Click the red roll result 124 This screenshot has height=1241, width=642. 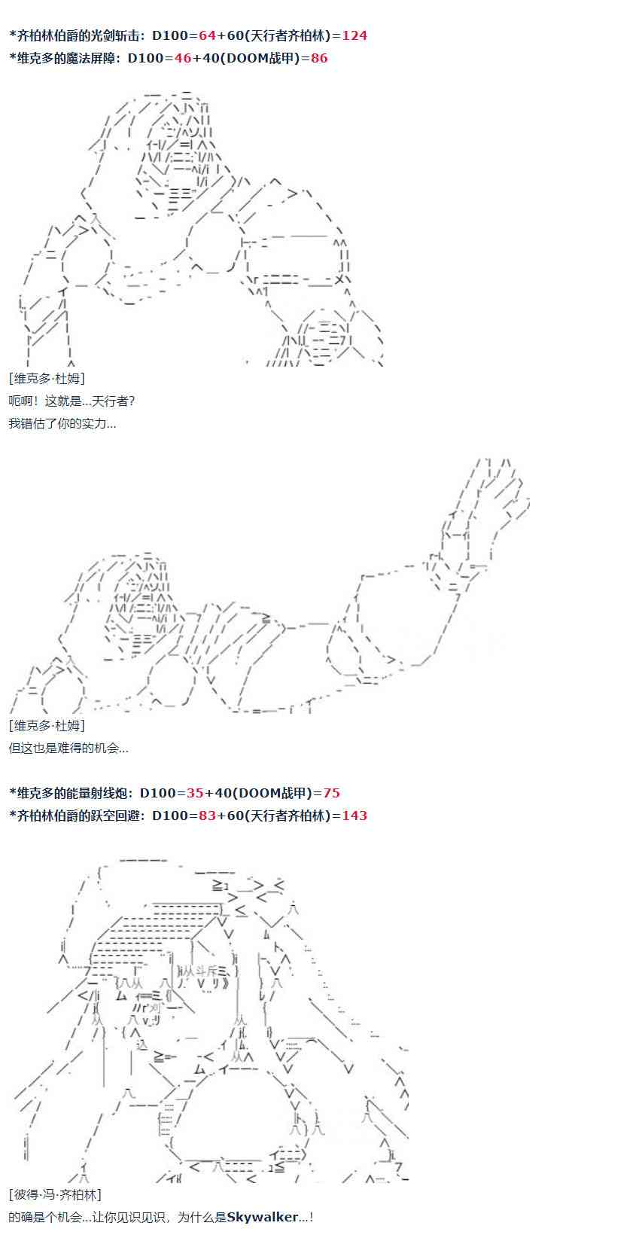(x=354, y=35)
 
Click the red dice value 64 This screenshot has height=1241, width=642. (x=207, y=35)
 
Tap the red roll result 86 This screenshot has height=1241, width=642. (x=319, y=58)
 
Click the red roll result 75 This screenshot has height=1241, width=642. (x=331, y=793)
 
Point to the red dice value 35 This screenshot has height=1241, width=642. (x=194, y=793)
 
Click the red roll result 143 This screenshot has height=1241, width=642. (x=354, y=816)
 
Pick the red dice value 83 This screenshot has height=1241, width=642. (x=207, y=816)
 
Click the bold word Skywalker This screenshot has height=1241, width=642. (x=263, y=1217)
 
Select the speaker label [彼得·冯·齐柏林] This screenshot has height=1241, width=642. (x=55, y=1194)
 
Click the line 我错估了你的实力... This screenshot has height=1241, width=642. (x=62, y=424)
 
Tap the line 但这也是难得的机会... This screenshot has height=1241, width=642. (x=68, y=748)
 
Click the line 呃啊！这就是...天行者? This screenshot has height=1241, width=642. (x=72, y=401)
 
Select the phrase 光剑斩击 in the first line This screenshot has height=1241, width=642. (x=114, y=35)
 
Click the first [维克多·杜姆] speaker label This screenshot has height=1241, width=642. (x=47, y=378)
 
